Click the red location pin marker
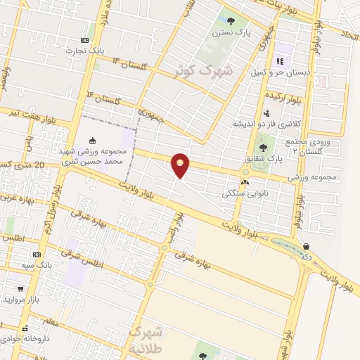click(181, 165)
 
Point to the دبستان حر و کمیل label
click(279, 72)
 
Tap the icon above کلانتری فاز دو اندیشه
click(266, 112)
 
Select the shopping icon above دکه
click(305, 246)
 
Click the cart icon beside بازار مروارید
click(20, 288)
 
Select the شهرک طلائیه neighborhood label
click(146, 339)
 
